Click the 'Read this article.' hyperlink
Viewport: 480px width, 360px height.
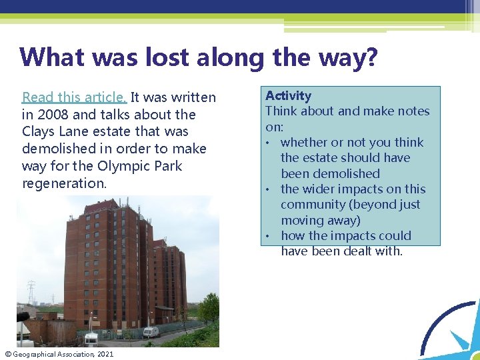pyautogui.click(x=75, y=97)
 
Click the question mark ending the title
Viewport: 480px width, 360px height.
pyautogui.click(x=371, y=57)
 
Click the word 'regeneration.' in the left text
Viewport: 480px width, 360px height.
pyautogui.click(x=64, y=183)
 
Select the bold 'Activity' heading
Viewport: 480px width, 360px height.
pyautogui.click(x=288, y=96)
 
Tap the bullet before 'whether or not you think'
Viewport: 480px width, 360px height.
pyautogui.click(x=270, y=143)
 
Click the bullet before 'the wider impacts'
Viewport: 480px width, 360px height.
pyautogui.click(x=270, y=189)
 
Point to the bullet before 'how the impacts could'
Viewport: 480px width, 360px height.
pyautogui.click(x=270, y=236)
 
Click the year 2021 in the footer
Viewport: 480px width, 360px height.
pyautogui.click(x=105, y=354)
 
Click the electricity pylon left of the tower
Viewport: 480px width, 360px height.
pyautogui.click(x=31, y=293)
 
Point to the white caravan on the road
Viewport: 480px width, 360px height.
pyautogui.click(x=151, y=331)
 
